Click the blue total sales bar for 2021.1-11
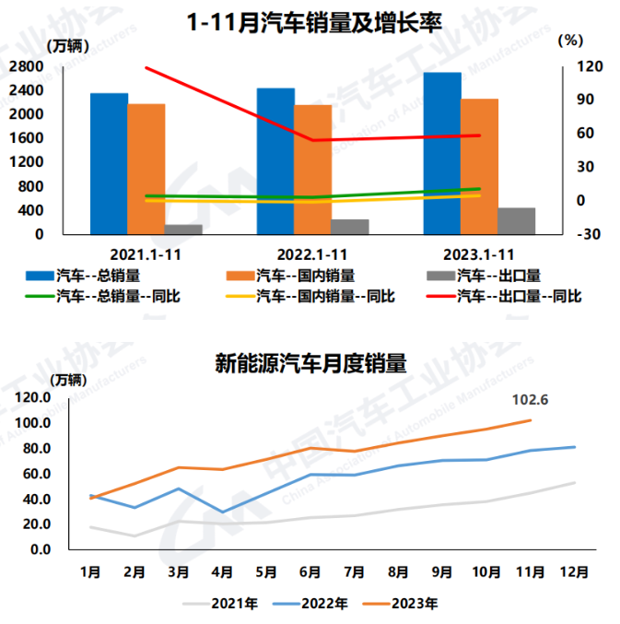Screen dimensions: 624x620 click(x=109, y=163)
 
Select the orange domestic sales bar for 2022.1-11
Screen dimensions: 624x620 click(x=313, y=170)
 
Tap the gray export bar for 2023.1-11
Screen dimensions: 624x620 click(x=517, y=220)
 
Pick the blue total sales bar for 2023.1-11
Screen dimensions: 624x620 click(x=442, y=153)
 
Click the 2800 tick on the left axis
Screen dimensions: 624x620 click(x=29, y=66)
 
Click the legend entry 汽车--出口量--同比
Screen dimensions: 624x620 click(x=520, y=296)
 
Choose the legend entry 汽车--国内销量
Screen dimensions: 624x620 click(x=303, y=274)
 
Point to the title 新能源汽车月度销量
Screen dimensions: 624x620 click(x=310, y=362)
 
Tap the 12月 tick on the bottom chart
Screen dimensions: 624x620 click(x=574, y=571)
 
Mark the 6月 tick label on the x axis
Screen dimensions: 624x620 click(x=310, y=571)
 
